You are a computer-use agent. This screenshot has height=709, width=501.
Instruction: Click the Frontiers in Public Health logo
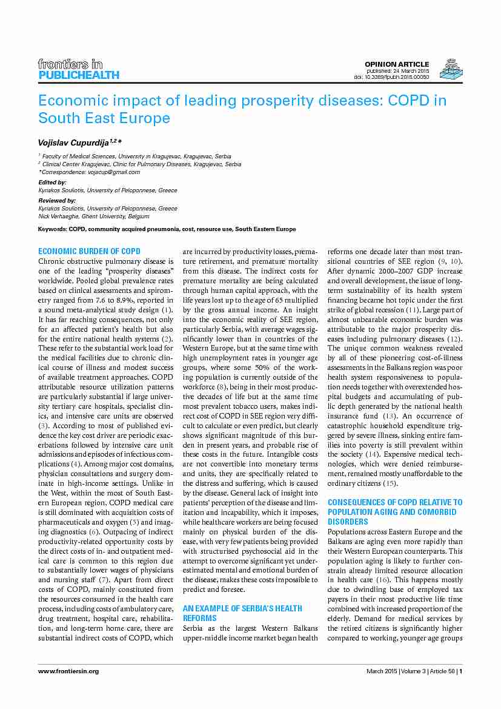(78, 69)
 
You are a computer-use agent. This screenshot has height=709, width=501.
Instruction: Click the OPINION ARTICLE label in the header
(396, 64)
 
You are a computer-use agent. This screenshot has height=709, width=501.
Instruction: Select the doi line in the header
(391, 77)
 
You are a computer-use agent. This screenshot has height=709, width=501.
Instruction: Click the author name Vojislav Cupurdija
(78, 142)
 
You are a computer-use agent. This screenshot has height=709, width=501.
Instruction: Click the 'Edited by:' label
(52, 182)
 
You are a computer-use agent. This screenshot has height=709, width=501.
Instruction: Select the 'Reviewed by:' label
(57, 200)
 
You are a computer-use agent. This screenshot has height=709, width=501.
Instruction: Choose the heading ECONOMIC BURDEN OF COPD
(89, 251)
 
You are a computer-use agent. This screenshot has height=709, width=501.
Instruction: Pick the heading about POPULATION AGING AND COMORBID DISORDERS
(394, 511)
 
